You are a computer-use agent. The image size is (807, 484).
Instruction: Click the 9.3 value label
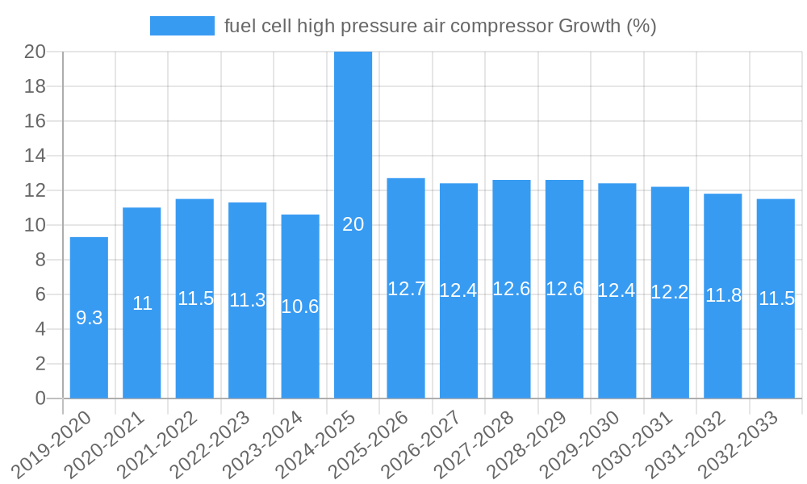click(89, 318)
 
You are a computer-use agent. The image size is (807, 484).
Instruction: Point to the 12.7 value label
click(406, 289)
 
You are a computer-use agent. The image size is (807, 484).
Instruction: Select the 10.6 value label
click(300, 307)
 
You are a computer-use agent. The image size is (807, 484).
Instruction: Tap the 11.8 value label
click(723, 295)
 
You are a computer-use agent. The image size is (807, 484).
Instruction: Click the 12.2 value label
click(670, 292)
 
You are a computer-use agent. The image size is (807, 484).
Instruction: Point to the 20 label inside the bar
click(353, 224)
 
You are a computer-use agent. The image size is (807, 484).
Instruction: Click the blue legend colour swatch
click(182, 26)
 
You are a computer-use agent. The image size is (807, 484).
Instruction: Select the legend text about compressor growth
click(440, 26)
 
